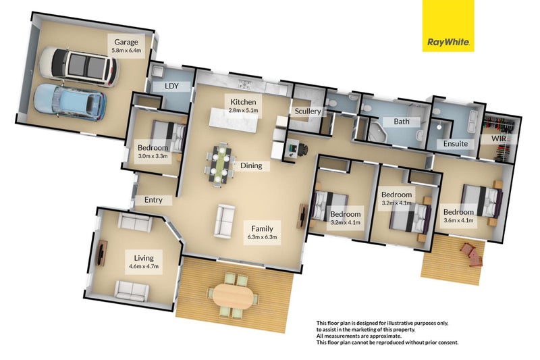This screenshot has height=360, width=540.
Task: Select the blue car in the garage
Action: [x=70, y=101]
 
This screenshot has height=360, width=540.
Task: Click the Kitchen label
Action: [x=242, y=101]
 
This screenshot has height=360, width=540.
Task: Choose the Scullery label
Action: [x=307, y=111]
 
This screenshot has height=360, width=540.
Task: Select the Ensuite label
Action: [x=455, y=144]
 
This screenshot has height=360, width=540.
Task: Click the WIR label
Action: [x=500, y=138]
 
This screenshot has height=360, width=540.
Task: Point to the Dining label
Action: [x=250, y=165]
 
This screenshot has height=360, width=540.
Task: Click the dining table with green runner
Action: [x=219, y=162]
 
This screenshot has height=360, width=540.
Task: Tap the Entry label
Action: [x=153, y=200]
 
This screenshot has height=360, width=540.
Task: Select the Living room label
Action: [x=143, y=258]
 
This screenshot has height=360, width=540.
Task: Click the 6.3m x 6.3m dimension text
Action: [x=262, y=237]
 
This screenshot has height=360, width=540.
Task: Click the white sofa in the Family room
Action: [x=224, y=222]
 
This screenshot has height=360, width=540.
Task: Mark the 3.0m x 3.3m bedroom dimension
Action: [x=152, y=156]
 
